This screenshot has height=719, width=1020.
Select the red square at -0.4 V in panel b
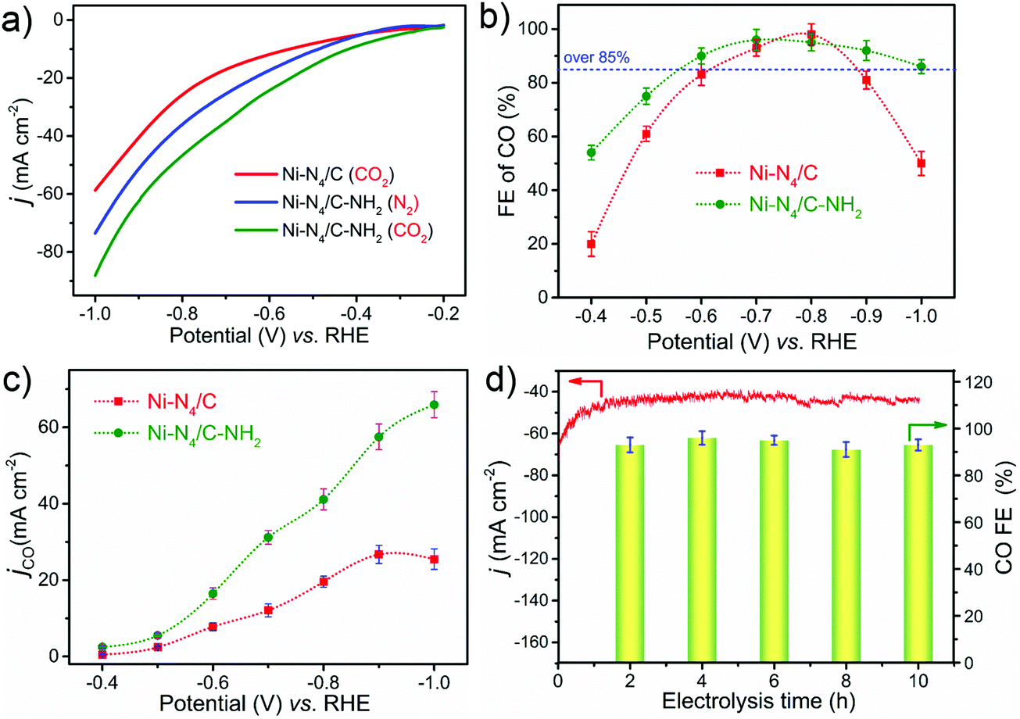point(591,244)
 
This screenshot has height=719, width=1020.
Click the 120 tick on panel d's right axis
point(965,382)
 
